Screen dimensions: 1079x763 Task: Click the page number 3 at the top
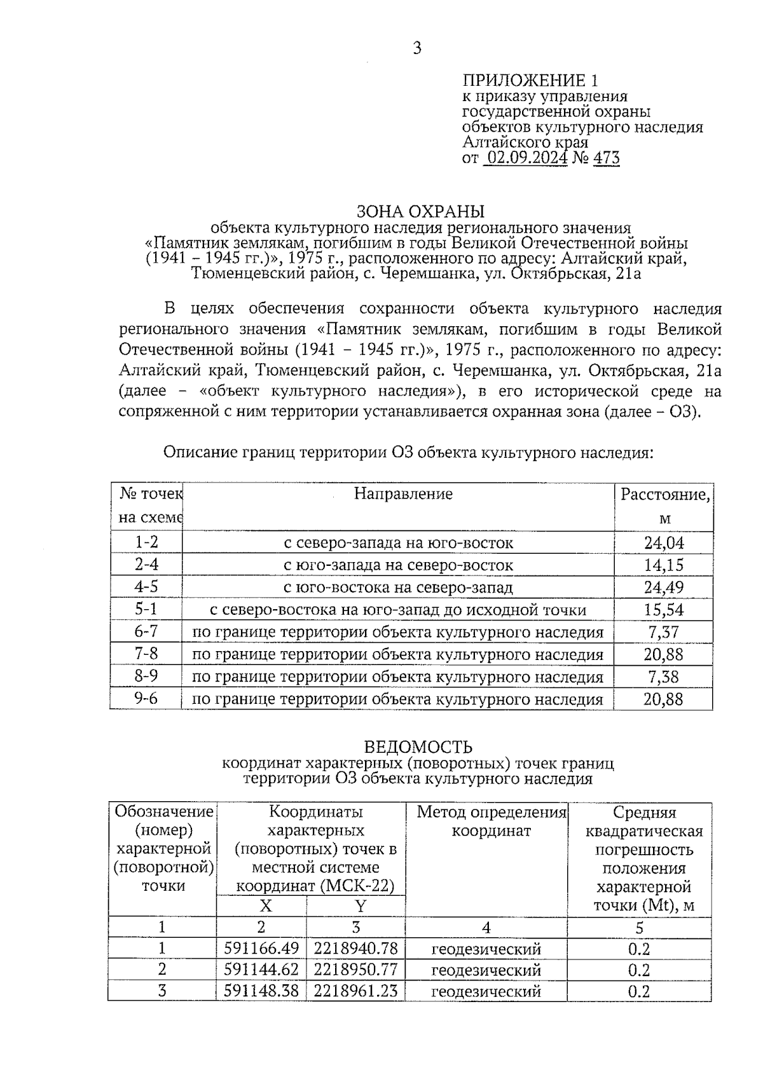(x=417, y=48)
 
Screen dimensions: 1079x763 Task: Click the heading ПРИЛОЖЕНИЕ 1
(x=530, y=80)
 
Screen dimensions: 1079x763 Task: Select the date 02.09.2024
(x=526, y=158)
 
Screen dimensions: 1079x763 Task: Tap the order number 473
(x=606, y=158)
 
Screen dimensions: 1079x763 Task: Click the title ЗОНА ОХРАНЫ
(x=420, y=211)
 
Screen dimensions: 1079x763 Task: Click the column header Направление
(x=403, y=494)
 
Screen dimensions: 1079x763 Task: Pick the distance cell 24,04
(x=664, y=543)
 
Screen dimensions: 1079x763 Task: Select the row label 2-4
(x=146, y=565)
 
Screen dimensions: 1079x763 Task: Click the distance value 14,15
(x=664, y=565)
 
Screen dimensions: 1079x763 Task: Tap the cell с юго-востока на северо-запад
(x=398, y=588)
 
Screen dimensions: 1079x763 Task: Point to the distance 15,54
(x=664, y=610)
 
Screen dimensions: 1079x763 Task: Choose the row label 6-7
(x=146, y=632)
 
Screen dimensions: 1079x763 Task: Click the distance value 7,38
(x=664, y=677)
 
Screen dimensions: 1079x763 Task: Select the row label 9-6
(x=146, y=699)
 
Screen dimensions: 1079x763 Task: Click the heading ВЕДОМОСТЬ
(x=418, y=746)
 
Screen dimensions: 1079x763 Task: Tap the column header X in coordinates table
(x=265, y=906)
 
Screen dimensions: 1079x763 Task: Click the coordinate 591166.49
(x=261, y=949)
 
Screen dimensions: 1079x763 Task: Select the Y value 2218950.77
(x=355, y=970)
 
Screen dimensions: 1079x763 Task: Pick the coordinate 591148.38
(x=261, y=991)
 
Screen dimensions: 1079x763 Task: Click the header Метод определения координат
(x=491, y=821)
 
